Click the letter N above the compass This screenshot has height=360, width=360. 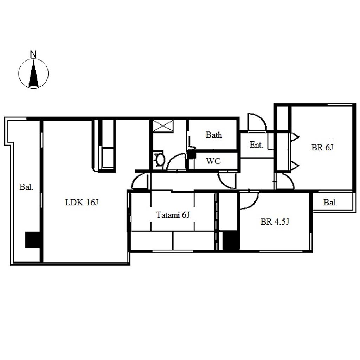coord(33,54)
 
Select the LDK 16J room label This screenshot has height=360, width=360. coord(82,202)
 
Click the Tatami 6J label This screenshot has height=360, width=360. coord(173,215)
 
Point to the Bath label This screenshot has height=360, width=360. coord(214,135)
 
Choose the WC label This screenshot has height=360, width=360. coord(213,161)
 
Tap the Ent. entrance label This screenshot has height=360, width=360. coord(256,144)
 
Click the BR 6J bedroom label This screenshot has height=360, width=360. coord(322,147)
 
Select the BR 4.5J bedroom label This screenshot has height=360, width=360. coord(275,221)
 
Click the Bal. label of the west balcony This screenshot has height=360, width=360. coord(26,187)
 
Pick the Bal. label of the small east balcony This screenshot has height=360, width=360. coord(330,202)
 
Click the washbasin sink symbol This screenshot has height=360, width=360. coord(160,159)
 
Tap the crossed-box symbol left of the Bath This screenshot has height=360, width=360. coord(163,126)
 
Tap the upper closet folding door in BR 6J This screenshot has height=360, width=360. coord(295,137)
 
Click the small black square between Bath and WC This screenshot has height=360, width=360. coord(192,154)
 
